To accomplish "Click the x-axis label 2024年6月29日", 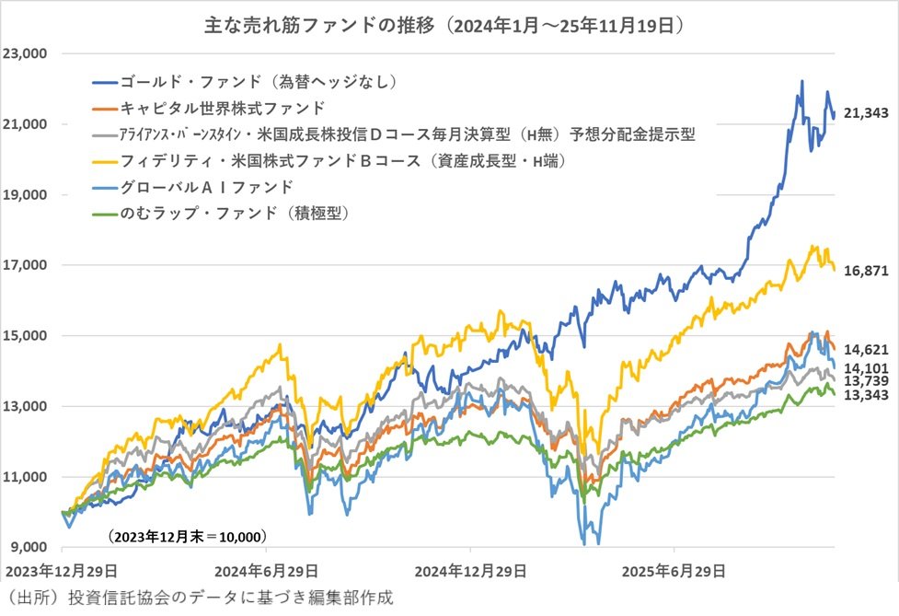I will pyautogui.click(x=268, y=570).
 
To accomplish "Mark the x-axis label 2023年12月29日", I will pyautogui.click(x=63, y=570).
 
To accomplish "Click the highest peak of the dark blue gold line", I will pyautogui.click(x=801, y=81).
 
